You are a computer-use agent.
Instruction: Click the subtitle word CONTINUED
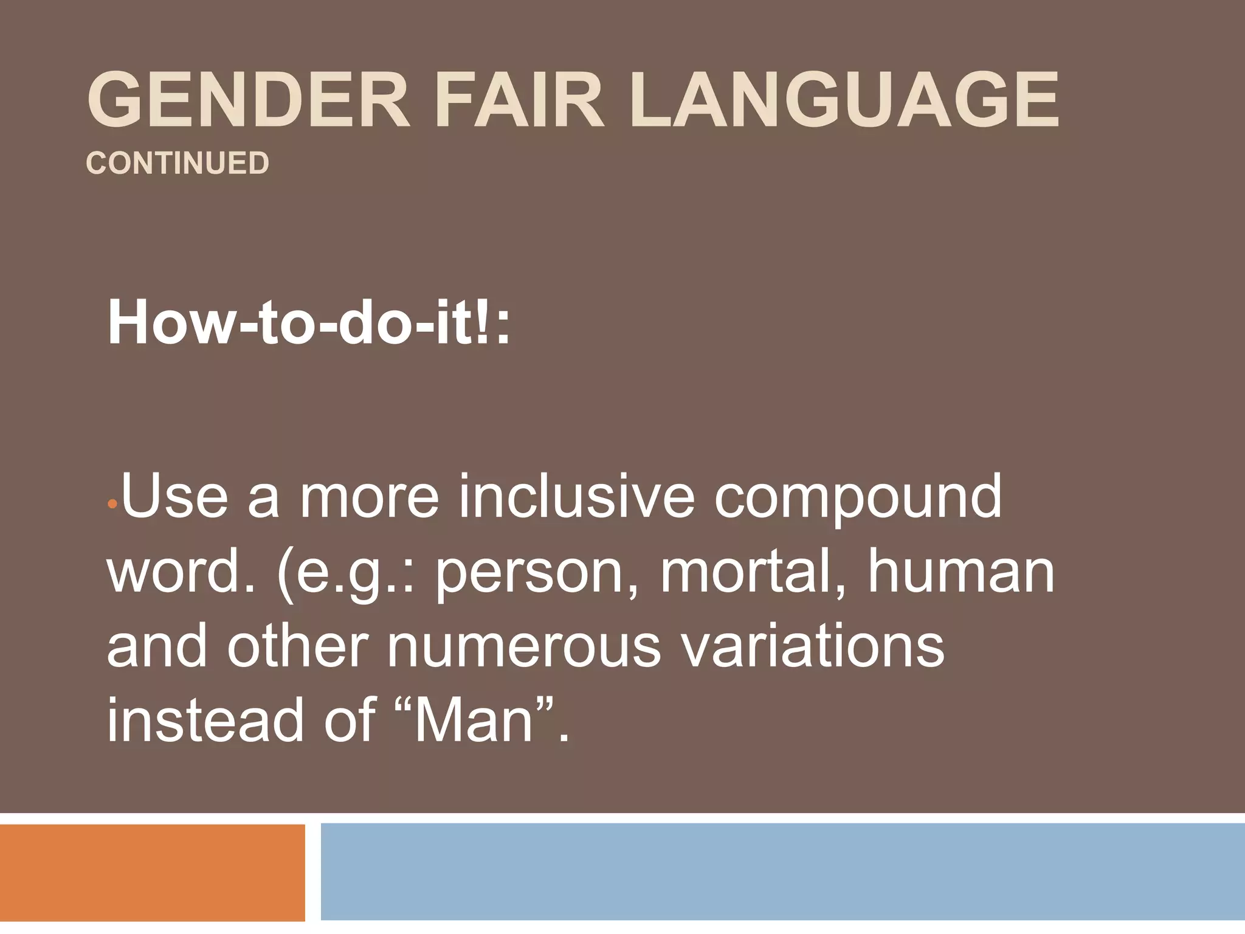[x=178, y=163]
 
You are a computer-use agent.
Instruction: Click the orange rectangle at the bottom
[x=152, y=872]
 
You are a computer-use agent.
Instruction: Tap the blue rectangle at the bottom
[x=782, y=872]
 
